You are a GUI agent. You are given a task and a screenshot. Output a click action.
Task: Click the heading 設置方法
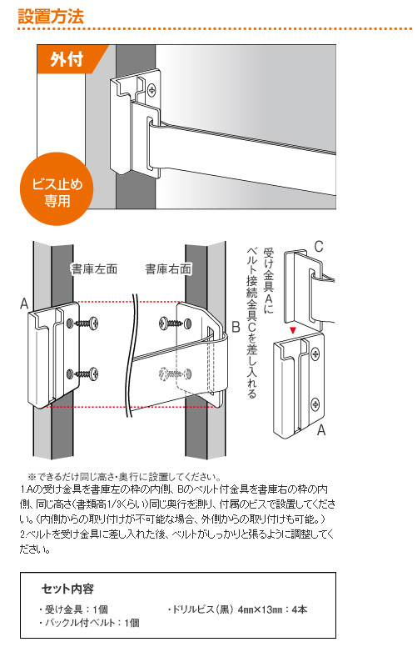[51, 17]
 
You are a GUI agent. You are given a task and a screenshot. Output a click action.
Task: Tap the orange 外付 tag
[68, 59]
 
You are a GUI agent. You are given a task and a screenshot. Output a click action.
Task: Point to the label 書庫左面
[94, 268]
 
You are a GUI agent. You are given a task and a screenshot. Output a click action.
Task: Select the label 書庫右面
[168, 268]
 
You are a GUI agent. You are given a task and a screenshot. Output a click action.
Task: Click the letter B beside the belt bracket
[236, 327]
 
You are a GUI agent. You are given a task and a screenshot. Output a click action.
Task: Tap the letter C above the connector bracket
[319, 247]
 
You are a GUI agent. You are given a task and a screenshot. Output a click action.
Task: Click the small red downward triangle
[293, 330]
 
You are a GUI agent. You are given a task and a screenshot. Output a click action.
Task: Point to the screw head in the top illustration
[152, 88]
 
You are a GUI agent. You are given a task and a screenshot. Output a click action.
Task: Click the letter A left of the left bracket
[24, 303]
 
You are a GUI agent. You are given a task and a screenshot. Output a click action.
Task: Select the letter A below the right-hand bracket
[320, 430]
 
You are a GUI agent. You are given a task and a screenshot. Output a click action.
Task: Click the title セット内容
[67, 589]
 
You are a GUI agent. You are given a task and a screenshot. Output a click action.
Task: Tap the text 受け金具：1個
[73, 609]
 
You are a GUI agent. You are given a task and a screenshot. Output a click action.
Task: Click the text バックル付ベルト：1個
[89, 623]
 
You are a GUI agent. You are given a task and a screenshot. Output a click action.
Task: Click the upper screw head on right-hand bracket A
[315, 354]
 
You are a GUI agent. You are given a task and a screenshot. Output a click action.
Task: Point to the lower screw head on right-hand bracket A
[315, 404]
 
